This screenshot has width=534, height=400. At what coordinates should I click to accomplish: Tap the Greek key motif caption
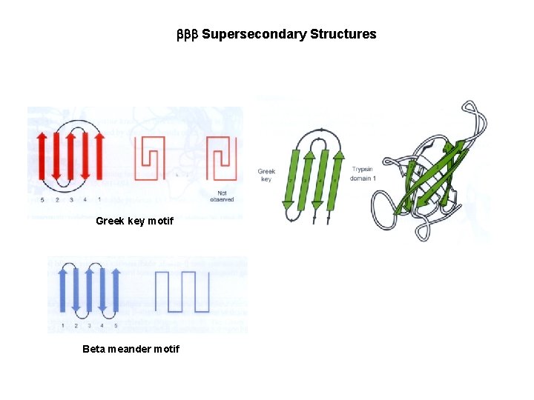tap(134, 221)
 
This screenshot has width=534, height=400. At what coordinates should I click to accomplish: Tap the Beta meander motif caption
tap(131, 349)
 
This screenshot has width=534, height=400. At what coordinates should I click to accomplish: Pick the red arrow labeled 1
tap(99, 156)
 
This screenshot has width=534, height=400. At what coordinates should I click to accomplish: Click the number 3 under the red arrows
tap(71, 199)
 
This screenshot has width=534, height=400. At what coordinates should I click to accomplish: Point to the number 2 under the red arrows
tap(57, 199)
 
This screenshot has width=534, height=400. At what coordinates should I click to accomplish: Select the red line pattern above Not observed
tap(221, 157)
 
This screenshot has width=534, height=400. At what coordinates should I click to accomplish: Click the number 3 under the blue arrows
tap(90, 325)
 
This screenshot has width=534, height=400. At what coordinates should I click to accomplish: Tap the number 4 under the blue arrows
tap(103, 325)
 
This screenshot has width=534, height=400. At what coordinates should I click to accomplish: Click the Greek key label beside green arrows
tap(266, 175)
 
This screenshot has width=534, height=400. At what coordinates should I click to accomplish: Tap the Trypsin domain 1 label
tap(363, 173)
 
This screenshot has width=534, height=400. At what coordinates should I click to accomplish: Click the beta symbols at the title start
tap(187, 35)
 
